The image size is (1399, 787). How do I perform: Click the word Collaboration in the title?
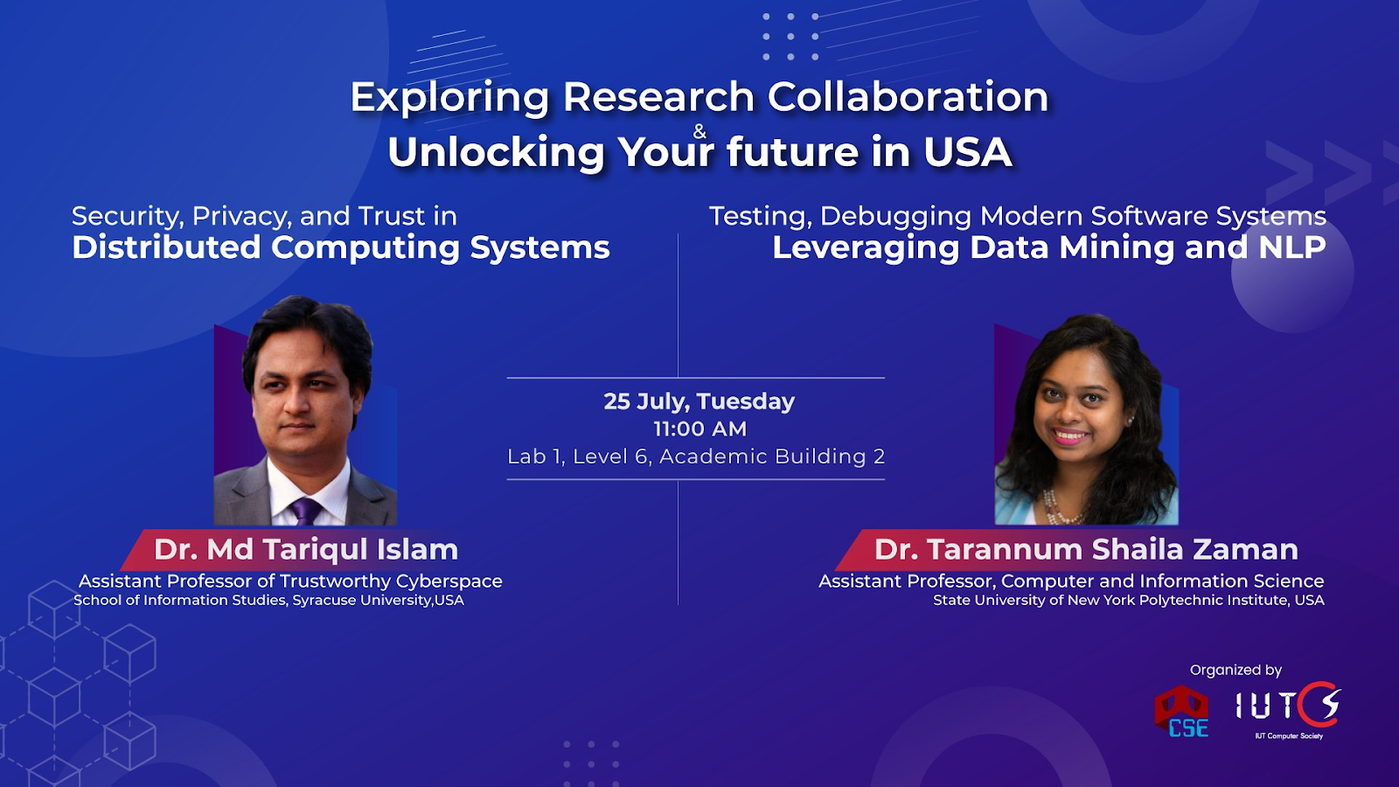coord(908,97)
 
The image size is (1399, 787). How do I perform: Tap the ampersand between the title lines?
coord(699,131)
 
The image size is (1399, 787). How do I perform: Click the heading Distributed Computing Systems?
coord(340,247)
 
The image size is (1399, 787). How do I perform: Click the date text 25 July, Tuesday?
coord(699,401)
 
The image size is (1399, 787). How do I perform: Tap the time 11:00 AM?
coord(699,429)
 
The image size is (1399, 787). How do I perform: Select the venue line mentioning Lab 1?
coord(696,456)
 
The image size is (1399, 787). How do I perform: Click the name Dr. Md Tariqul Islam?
coord(306,550)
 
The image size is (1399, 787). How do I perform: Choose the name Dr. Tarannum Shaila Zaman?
coord(1086,550)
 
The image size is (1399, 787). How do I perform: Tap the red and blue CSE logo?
coord(1181,712)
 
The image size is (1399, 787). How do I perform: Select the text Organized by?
coord(1235,670)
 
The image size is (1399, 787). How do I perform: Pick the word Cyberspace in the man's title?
coord(449,582)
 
